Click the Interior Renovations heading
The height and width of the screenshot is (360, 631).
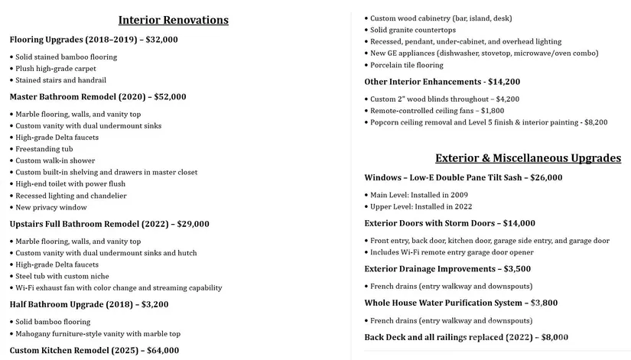(x=173, y=20)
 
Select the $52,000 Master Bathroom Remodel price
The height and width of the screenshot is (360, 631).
(x=171, y=97)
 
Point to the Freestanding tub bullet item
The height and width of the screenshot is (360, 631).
(x=44, y=149)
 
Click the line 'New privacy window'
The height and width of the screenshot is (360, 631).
(x=51, y=207)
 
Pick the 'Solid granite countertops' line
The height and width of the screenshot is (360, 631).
(x=413, y=30)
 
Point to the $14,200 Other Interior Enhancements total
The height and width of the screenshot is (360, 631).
(x=503, y=82)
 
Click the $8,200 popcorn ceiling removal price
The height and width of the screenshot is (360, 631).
(x=595, y=122)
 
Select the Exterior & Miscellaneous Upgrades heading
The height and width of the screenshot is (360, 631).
(x=528, y=158)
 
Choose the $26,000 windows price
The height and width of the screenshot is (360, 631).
(x=545, y=177)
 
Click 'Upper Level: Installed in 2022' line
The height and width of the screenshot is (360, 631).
(x=421, y=206)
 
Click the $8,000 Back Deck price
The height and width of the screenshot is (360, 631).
(x=551, y=337)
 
